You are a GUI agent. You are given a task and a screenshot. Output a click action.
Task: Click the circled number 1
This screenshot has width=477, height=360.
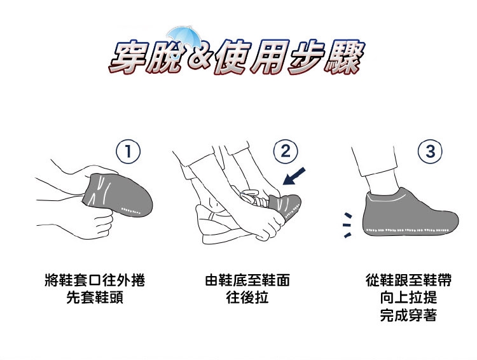[128, 151]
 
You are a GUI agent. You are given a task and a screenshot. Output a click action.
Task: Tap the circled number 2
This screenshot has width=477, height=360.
[286, 151]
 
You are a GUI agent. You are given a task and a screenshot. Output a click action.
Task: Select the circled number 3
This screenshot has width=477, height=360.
[430, 151]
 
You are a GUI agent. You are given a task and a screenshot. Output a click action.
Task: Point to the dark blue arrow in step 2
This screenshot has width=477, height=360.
[294, 176]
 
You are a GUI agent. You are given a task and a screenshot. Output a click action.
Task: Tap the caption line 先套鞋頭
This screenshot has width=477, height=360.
[95, 297]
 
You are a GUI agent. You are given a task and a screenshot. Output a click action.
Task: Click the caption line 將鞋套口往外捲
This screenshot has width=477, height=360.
[95, 280]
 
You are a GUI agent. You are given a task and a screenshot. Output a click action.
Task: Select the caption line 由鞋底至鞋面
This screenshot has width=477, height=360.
[247, 280]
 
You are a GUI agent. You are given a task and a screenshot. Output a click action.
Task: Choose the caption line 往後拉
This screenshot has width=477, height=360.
[247, 297]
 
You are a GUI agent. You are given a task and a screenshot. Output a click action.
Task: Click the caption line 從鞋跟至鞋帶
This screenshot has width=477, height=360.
[408, 280]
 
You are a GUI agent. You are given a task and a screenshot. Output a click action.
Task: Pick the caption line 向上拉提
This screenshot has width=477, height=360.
[408, 297]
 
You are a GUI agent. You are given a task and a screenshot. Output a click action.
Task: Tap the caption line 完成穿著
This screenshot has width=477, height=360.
[408, 315]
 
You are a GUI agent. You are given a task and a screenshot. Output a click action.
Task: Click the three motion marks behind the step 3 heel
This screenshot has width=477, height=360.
[347, 225]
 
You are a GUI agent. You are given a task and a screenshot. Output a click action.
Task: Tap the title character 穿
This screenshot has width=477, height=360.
[128, 58]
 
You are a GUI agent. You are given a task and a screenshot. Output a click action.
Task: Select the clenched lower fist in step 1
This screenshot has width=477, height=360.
[102, 225]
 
